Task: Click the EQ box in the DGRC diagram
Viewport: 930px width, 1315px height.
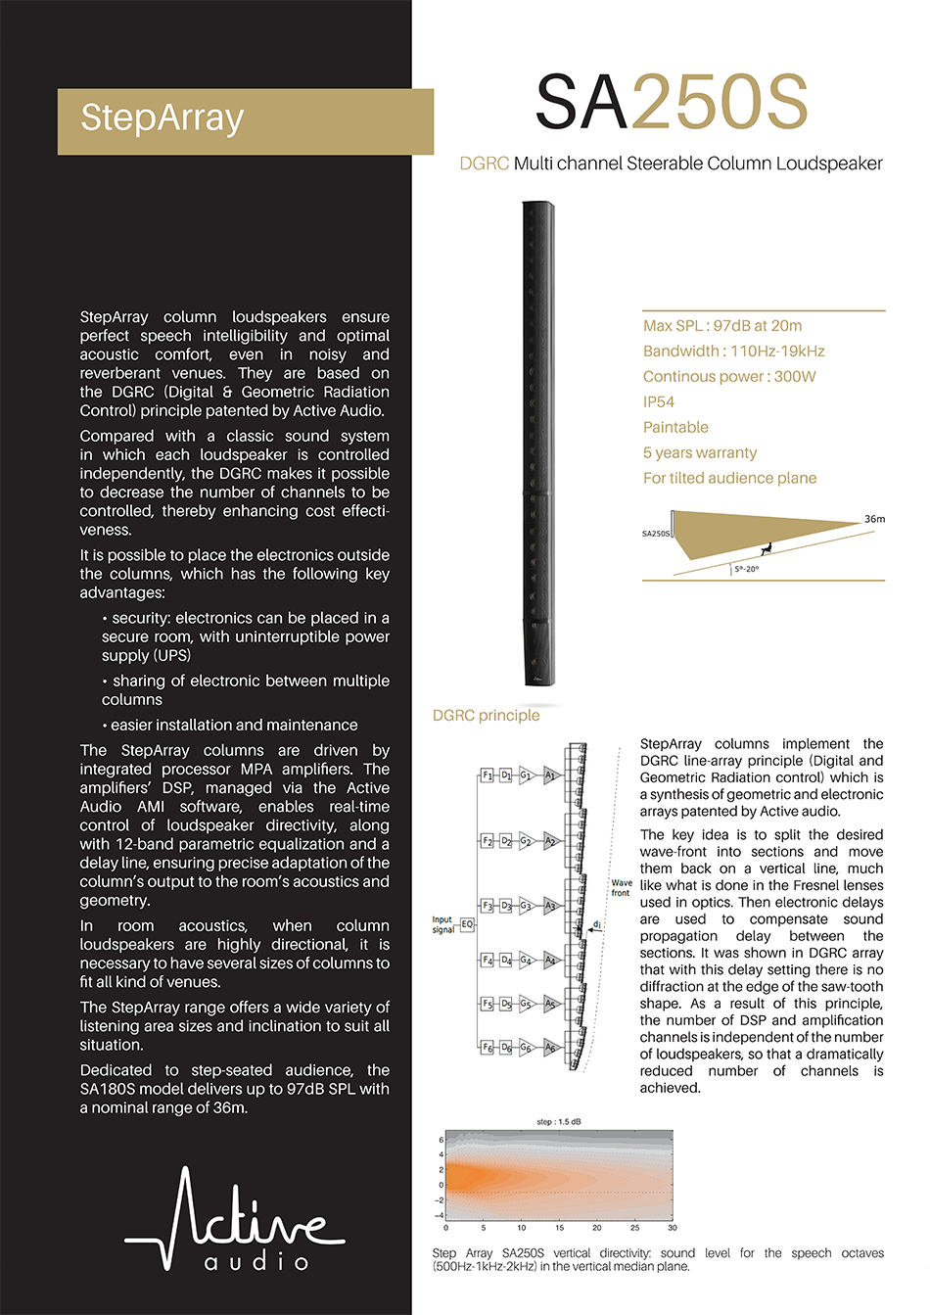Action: pos(467,923)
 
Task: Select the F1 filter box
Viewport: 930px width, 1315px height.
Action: pos(487,775)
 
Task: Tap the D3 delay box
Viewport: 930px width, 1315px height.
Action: pos(506,906)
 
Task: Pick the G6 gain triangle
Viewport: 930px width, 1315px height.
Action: pos(526,1047)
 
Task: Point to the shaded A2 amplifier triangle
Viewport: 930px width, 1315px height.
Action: pos(550,841)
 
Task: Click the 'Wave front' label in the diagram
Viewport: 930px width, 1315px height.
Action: pos(621,887)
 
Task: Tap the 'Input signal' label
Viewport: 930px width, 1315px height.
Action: pos(442,924)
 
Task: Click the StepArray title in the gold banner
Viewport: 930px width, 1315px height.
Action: pos(163,117)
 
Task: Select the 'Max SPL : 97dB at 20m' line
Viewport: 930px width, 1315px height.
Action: pos(721,326)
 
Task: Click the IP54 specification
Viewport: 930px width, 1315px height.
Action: pos(658,401)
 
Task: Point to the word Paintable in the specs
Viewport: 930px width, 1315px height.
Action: pos(675,427)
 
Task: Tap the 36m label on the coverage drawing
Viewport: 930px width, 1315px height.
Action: pos(873,519)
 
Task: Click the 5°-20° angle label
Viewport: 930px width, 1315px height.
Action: pos(746,569)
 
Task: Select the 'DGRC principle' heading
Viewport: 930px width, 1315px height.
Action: pos(487,715)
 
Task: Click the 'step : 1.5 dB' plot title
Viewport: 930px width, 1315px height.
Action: pos(559,1121)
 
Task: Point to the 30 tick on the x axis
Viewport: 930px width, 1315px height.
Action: pos(672,1227)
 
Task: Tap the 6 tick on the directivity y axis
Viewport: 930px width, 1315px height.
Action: pos(442,1140)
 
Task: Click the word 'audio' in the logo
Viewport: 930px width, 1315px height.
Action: pos(256,1262)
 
